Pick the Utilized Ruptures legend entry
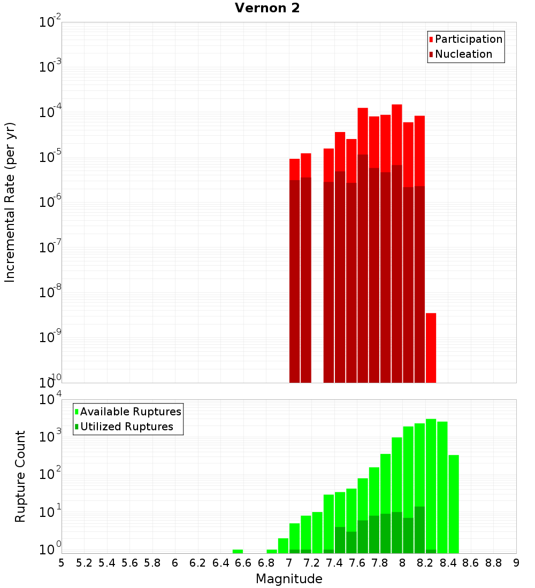(x=126, y=427)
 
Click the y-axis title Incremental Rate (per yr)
(x=10, y=202)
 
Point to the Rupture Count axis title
(x=20, y=476)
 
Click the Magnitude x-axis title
(x=289, y=578)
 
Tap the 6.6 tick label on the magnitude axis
(x=243, y=563)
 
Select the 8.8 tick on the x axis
(x=493, y=563)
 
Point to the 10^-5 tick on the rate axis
(x=49, y=157)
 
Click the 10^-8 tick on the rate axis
(x=49, y=292)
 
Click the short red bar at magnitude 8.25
(x=431, y=347)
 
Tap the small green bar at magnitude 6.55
(x=238, y=551)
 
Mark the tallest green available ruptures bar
(x=431, y=481)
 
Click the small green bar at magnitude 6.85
(x=272, y=551)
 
